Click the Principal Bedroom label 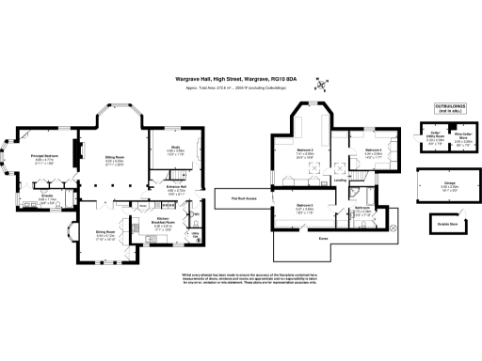coord(46,155)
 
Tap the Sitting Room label coord(114,157)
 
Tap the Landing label coord(339,180)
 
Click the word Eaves coord(322,240)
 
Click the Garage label coord(450,181)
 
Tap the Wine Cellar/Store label coord(461,137)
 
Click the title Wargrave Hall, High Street coord(217,79)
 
